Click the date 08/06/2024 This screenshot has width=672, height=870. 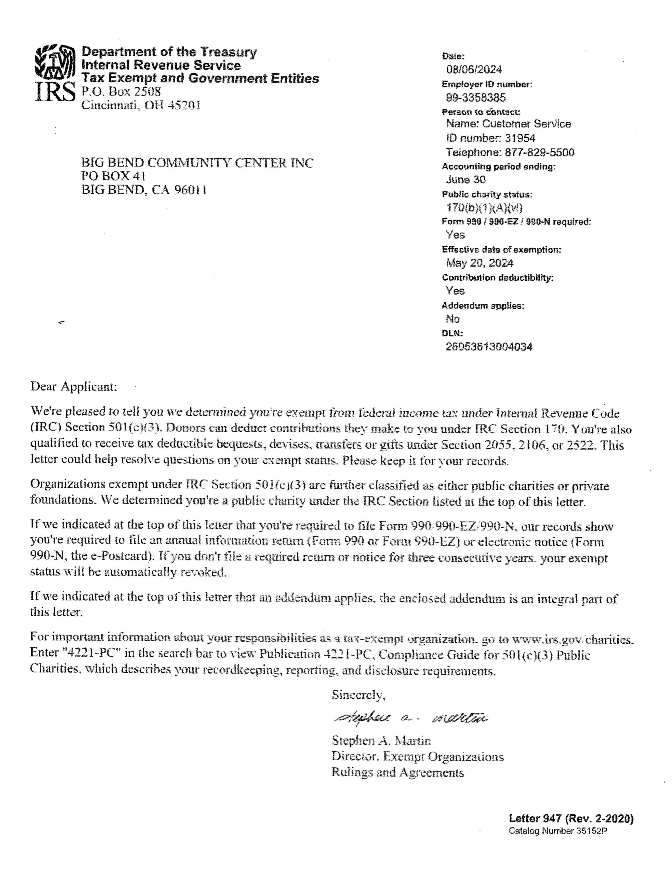tap(474, 70)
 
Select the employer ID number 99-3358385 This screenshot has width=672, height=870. tap(476, 98)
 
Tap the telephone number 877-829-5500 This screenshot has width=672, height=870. tap(540, 152)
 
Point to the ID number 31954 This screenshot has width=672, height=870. tap(520, 138)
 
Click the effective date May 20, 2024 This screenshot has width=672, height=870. tap(480, 263)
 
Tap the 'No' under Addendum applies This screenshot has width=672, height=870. tap(453, 319)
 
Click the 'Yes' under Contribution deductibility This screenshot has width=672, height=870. tap(455, 291)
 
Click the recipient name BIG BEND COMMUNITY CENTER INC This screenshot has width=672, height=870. tap(197, 162)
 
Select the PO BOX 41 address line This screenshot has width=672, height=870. tap(113, 176)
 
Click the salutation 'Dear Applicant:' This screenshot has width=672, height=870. tap(74, 386)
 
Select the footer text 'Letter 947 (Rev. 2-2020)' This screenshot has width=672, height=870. tap(571, 819)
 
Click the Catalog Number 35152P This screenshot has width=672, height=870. tap(558, 831)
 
